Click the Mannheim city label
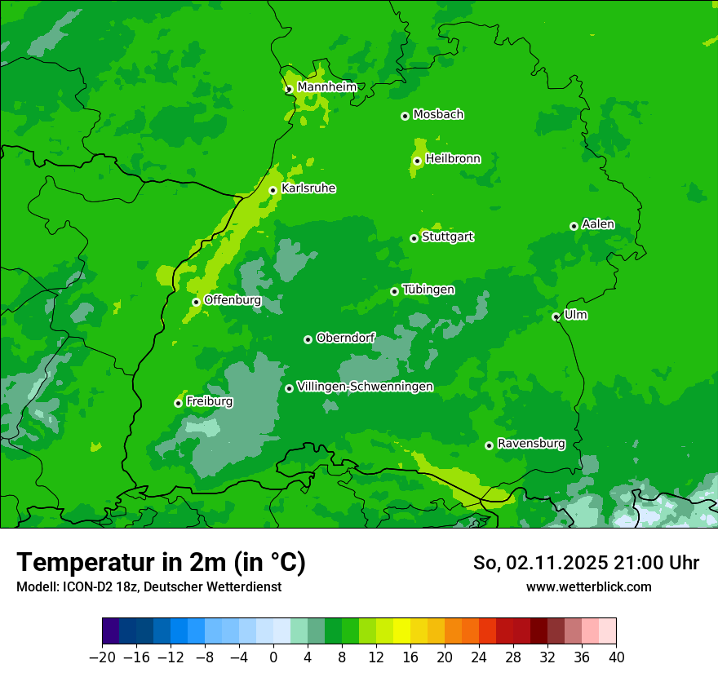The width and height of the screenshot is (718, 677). click(326, 87)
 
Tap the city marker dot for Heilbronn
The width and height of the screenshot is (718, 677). click(417, 161)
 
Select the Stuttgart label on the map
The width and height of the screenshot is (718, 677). click(447, 237)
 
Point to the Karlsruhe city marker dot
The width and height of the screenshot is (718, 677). click(273, 191)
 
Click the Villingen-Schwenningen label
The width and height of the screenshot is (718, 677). click(365, 387)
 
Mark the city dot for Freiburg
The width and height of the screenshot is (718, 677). click(178, 403)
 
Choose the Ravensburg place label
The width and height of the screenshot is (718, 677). click(530, 444)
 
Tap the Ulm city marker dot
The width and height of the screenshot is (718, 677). click(556, 316)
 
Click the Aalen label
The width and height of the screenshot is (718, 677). click(598, 224)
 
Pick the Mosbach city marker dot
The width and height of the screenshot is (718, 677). click(405, 116)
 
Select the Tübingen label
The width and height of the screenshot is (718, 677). click(428, 290)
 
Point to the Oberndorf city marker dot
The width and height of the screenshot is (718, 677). click(308, 339)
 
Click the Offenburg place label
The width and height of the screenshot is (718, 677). click(233, 300)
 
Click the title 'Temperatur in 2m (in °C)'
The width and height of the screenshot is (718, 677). click(161, 563)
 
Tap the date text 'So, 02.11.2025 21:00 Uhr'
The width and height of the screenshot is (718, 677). click(586, 563)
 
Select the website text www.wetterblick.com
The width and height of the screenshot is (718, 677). click(588, 586)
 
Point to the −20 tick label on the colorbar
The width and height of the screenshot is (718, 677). click(102, 657)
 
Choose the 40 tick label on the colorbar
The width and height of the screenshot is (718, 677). click(616, 657)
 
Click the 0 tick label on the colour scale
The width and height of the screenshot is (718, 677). click(273, 657)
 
